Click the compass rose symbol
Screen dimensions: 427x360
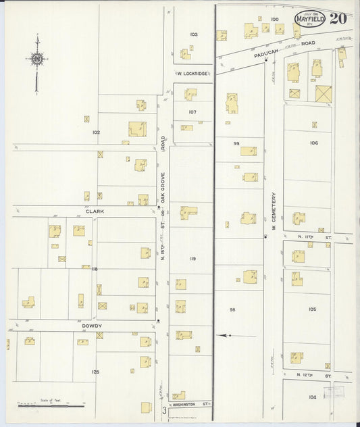36,59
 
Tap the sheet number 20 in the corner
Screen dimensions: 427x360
338,18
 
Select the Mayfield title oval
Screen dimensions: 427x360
310,20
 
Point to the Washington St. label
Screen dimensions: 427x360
194,404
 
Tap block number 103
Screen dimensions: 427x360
194,34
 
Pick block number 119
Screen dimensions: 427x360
192,259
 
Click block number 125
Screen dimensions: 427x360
95,372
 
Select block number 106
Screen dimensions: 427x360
313,143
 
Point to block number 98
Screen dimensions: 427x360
232,309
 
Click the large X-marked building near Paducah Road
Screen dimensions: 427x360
324,94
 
